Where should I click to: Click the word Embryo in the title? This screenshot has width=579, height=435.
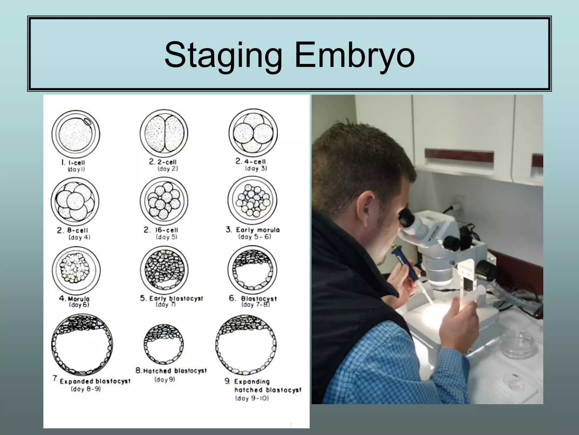pos(355,55)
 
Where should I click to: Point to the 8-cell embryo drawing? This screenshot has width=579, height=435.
pos(75,201)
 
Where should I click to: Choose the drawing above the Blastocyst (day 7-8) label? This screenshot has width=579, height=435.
pos(252,269)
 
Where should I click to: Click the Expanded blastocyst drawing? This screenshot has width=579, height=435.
pos(82,344)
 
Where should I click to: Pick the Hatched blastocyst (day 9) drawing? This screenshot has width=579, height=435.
pos(163,344)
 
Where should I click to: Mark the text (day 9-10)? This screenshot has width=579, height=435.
pos(252,398)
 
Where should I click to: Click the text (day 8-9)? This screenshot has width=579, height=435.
pos(86,389)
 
